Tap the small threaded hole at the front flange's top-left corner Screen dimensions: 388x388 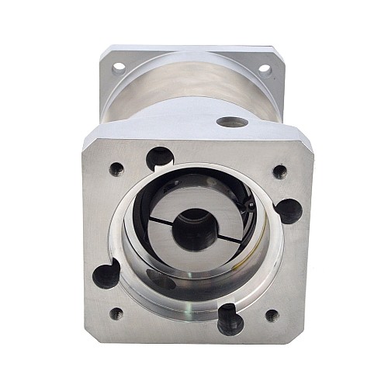pos(116,167)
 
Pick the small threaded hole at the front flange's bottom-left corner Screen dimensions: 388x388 pos(116,314)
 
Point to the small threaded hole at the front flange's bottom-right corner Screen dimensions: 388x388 pos(272,315)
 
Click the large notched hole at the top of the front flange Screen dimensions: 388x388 pos(160,158)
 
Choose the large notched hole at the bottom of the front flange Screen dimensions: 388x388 pos(228,318)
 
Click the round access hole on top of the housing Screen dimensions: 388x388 pos(230,122)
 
